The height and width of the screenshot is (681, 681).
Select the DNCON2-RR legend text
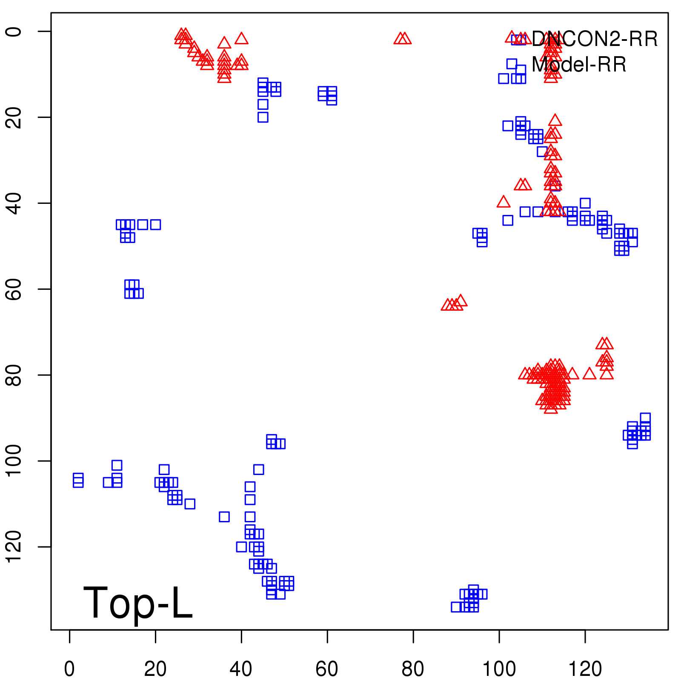click(x=594, y=39)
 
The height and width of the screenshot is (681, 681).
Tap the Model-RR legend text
click(x=579, y=65)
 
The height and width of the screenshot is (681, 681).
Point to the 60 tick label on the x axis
click(x=327, y=669)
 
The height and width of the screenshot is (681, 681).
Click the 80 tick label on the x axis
click(x=413, y=669)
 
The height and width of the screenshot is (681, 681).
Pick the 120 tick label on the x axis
click(x=585, y=669)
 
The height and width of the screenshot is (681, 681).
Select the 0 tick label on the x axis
click(x=69, y=669)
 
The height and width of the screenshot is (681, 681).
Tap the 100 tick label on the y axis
click(x=14, y=461)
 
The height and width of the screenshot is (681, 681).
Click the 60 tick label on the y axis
click(x=14, y=289)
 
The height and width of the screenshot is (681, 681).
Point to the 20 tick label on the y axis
click(x=14, y=117)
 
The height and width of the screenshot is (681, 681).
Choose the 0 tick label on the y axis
click(x=14, y=31)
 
